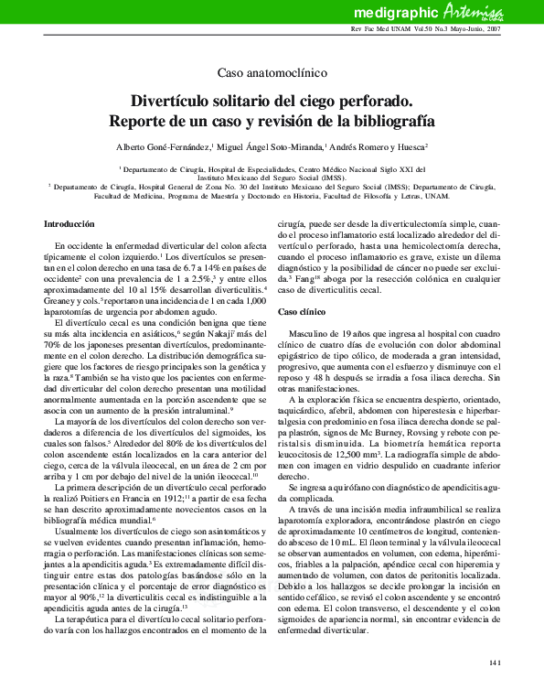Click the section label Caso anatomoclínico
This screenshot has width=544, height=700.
coord(272,72)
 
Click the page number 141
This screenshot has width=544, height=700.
coord(496,661)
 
